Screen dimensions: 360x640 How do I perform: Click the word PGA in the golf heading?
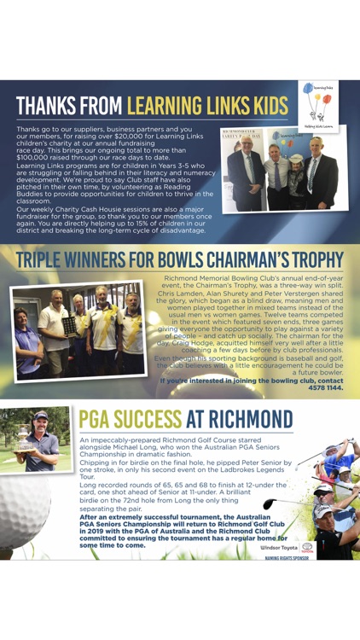coord(102,419)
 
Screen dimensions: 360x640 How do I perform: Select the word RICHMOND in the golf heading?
coord(250,419)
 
